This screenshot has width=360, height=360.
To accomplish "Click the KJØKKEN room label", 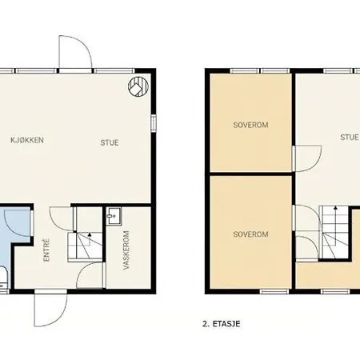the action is click(27, 140).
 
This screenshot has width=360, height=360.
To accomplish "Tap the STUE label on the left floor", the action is click(110, 142).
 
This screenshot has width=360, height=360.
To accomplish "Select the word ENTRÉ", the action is click(46, 250).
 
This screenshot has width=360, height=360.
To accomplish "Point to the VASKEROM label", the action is click(126, 250).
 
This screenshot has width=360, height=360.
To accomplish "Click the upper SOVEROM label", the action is click(250, 125).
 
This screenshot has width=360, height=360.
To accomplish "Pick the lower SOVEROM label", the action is click(250, 234).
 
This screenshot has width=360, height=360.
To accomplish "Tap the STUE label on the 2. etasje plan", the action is click(349, 138).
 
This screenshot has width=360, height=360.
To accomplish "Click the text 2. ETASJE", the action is click(222, 324).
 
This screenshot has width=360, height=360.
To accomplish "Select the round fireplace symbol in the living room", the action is click(138, 86).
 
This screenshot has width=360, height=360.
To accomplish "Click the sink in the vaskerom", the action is click(114, 216).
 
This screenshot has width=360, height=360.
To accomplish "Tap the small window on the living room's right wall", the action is click(154, 122).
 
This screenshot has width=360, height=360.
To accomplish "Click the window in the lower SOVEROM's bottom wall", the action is click(274, 291).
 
